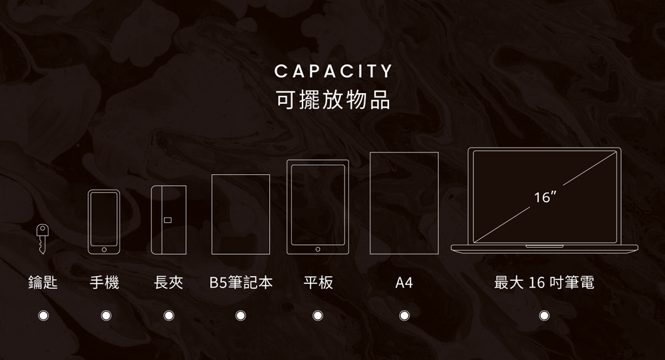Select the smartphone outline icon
pyautogui.click(x=104, y=222)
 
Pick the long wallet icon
pyautogui.click(x=169, y=220)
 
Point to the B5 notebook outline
pyautogui.click(x=241, y=214)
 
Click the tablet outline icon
pyautogui.click(x=318, y=207)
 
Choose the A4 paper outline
pyautogui.click(x=404, y=203)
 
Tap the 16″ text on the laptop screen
pyautogui.click(x=545, y=198)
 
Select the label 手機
pyautogui.click(x=104, y=283)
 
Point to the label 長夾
pyautogui.click(x=168, y=283)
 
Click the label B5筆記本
pyautogui.click(x=241, y=283)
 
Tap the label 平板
pyautogui.click(x=318, y=283)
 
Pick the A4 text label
pyautogui.click(x=404, y=283)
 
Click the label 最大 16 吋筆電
pyautogui.click(x=544, y=283)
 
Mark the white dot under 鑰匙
pyautogui.click(x=43, y=315)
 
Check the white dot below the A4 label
pyautogui.click(x=404, y=315)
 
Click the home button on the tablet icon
pyautogui.click(x=318, y=249)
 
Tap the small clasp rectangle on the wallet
pyautogui.click(x=167, y=220)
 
